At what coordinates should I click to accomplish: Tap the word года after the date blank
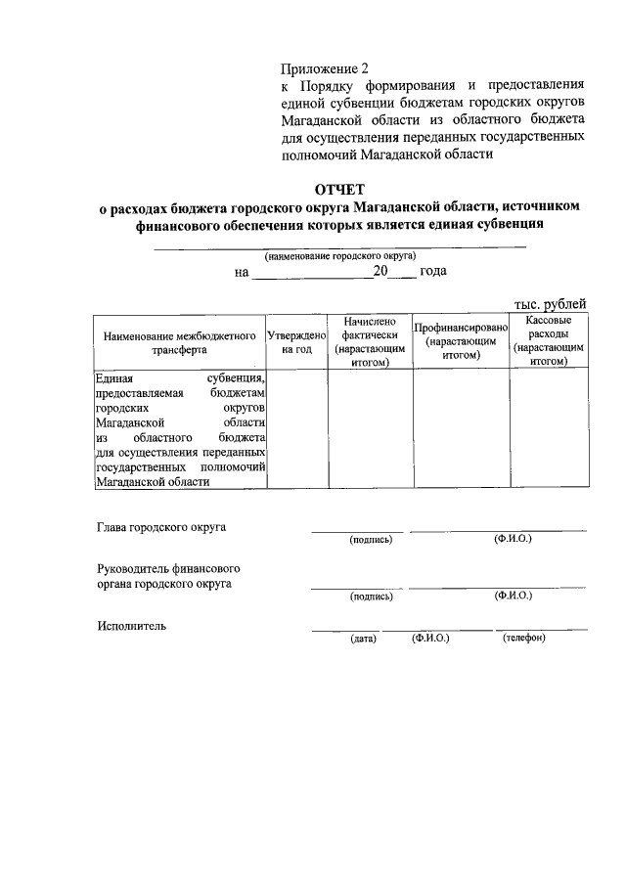(x=432, y=271)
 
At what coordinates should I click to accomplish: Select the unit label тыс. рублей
(x=552, y=305)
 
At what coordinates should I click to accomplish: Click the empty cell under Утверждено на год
(x=296, y=427)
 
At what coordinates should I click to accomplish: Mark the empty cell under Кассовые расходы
(x=549, y=427)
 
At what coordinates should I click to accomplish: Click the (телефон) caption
(x=524, y=639)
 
